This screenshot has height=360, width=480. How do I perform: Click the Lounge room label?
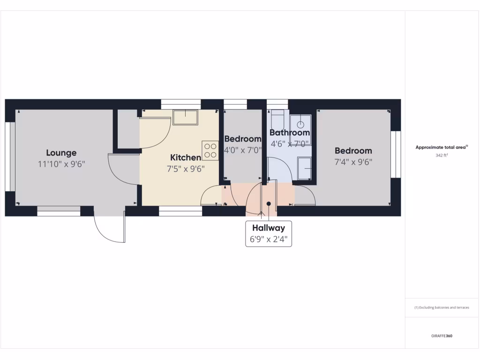coord(61,153)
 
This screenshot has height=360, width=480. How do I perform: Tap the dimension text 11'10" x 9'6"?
coord(61,164)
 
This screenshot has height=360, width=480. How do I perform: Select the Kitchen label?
coord(186,157)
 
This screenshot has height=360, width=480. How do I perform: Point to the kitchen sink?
coord(185,117)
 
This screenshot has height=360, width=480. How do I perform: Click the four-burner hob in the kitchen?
coord(210,150)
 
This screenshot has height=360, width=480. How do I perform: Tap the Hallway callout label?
coord(269,228)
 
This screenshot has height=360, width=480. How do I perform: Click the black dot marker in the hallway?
coord(269,203)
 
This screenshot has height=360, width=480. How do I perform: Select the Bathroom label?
coord(290,133)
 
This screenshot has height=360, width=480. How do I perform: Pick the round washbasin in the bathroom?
coord(301,124)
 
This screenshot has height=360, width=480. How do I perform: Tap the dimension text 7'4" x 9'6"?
coord(353,162)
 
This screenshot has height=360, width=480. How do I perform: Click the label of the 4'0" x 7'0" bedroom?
coord(242,139)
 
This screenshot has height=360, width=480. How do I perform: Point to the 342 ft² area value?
coord(442,155)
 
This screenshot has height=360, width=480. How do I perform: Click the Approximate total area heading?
coord(442,147)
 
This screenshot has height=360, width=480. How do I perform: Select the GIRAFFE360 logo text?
coord(442,336)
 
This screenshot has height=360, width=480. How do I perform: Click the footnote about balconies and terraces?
coord(442,307)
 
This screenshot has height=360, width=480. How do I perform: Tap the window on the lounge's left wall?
coord(8,157)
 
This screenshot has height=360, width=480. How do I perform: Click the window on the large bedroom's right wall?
coord(396,155)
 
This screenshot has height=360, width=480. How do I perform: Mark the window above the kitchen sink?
coord(181,104)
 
